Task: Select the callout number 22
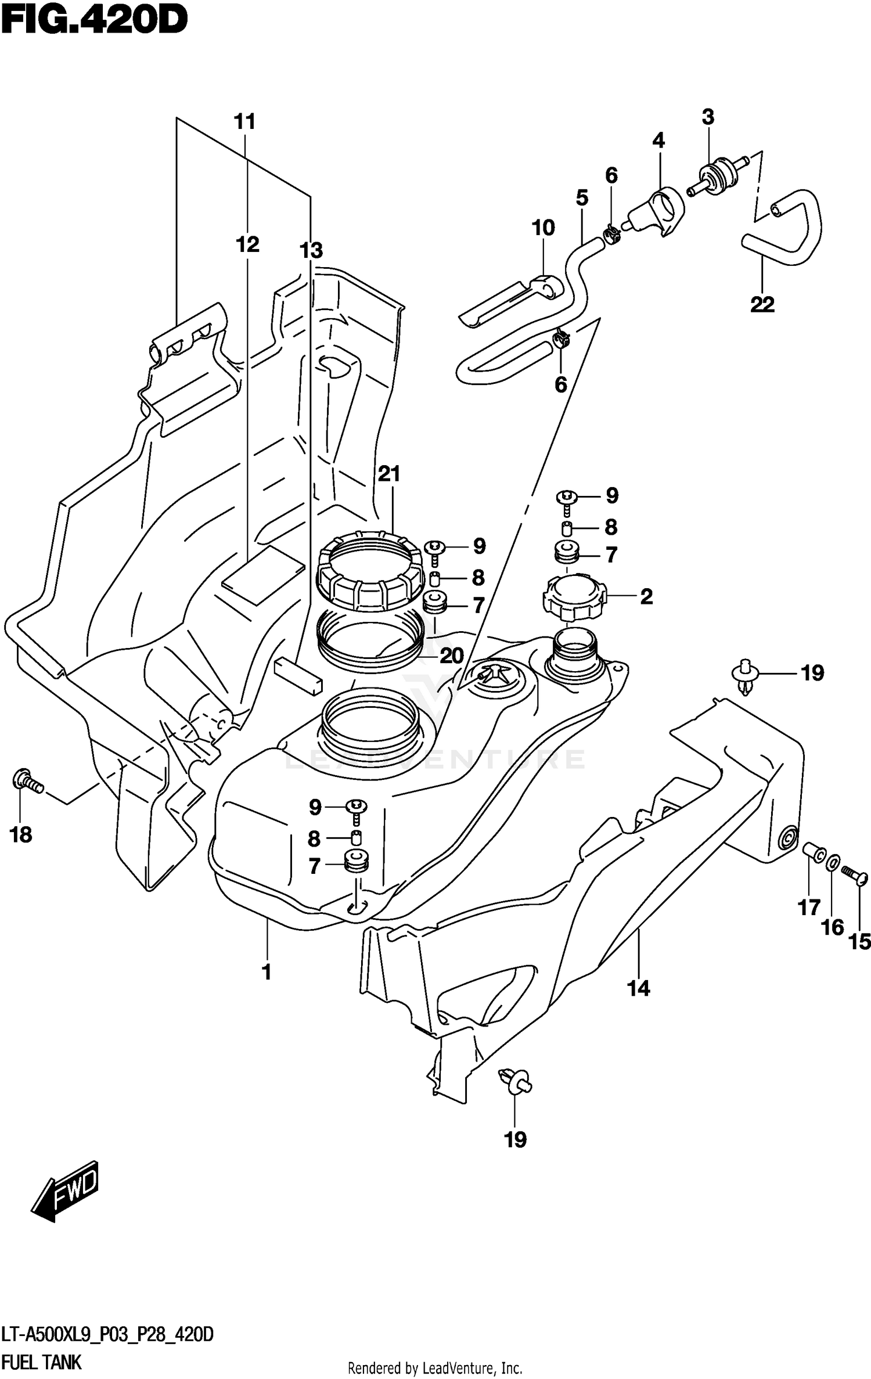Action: [x=762, y=304]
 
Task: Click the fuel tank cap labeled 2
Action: [x=574, y=597]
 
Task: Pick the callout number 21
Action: [x=389, y=474]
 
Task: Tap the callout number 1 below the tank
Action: [x=267, y=971]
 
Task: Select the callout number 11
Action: [x=244, y=122]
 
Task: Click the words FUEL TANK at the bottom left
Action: [x=42, y=1362]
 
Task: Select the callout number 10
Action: [x=543, y=228]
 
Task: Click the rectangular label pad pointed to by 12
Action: [x=263, y=575]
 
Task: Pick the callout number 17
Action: [x=809, y=907]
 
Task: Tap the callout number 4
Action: [x=658, y=140]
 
